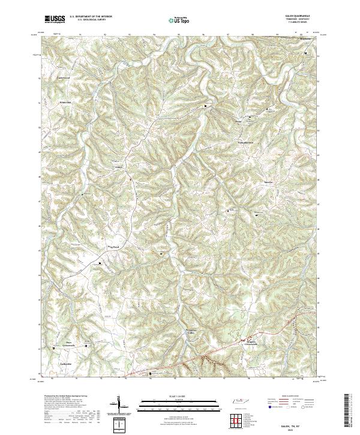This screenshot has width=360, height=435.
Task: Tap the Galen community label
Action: pos(119,167)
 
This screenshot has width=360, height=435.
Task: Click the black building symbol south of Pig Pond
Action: pos(100,263)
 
